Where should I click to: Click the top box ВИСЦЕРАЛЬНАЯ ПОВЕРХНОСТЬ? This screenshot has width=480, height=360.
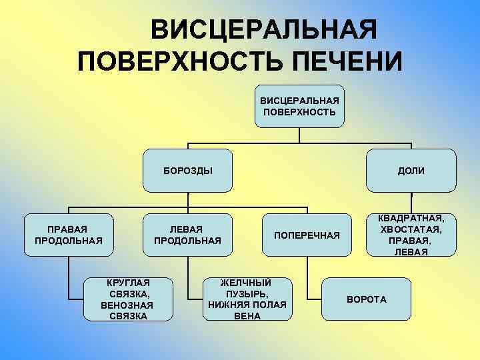tap(299, 107)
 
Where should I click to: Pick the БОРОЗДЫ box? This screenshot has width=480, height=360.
tap(189, 171)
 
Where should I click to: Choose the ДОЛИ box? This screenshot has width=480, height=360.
tap(411, 171)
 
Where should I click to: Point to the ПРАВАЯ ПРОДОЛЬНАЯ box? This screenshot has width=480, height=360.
tap(68, 235)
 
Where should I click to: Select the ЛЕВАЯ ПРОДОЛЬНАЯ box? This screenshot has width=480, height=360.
tap(187, 235)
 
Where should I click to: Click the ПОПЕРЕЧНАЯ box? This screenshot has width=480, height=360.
tap(307, 235)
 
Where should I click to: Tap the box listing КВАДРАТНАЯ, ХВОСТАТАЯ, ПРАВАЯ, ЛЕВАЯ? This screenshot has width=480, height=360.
tap(411, 235)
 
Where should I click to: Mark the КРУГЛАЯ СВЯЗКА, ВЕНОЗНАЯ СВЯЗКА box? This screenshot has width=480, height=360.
tap(127, 299)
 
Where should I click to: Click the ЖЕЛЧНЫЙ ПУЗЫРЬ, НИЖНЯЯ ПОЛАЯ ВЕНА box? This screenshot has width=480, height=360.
tap(247, 299)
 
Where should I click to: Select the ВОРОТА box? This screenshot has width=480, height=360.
tap(366, 299)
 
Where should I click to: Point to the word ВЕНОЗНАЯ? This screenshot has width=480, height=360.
tap(127, 305)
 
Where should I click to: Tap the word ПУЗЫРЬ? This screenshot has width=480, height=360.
tap(247, 294)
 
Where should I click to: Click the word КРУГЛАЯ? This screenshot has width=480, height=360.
tap(127, 283)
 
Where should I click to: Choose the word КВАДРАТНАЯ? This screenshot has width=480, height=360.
tap(411, 218)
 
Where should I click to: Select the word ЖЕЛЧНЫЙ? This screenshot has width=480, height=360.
tap(247, 283)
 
